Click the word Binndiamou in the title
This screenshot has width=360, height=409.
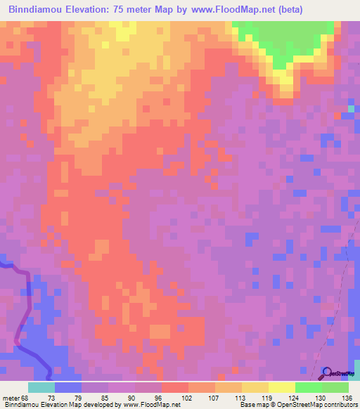pos(36,11)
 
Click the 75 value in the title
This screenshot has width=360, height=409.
pos(124,11)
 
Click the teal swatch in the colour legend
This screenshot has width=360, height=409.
pos(41,387)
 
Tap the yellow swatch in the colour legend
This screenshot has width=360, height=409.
pos(255,387)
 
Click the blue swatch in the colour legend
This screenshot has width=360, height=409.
pos(68,387)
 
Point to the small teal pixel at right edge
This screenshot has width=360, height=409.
pos(351,109)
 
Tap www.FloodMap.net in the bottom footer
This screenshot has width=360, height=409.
pos(148,405)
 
